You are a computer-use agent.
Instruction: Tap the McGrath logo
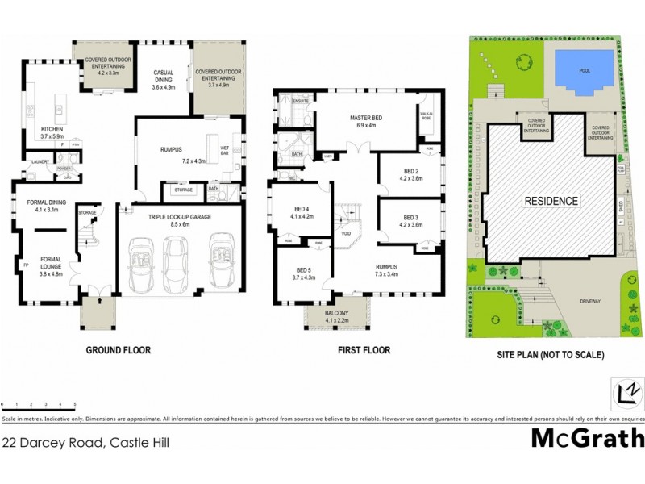(588, 438)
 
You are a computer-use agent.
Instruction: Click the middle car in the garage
(175, 262)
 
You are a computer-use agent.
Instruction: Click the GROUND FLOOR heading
(119, 350)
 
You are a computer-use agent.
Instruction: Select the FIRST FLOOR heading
(364, 350)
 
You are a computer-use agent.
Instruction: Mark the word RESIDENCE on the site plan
(551, 201)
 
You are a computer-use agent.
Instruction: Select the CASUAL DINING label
(164, 77)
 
